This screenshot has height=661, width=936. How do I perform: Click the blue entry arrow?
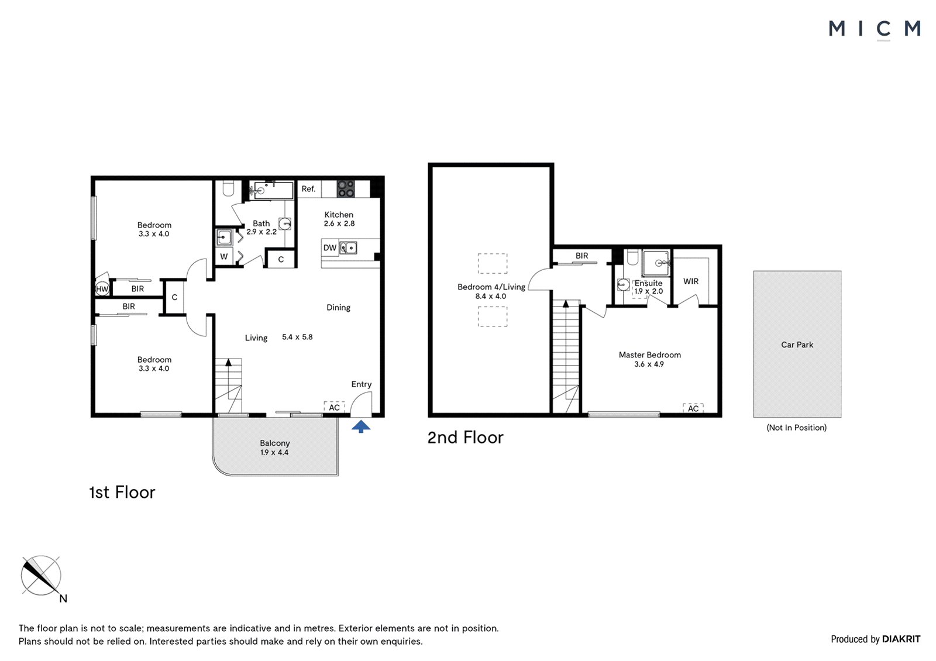click(361, 426)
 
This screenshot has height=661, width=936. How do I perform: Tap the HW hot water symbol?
click(102, 289)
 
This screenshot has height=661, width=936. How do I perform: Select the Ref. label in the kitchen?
click(308, 189)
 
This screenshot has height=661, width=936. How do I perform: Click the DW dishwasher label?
click(330, 248)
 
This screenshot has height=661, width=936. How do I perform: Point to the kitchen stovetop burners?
click(346, 189)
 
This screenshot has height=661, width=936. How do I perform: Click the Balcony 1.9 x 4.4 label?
click(274, 447)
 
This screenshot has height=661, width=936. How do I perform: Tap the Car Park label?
click(797, 345)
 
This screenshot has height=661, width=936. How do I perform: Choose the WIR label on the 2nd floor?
click(691, 281)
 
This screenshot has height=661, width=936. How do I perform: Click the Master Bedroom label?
click(650, 354)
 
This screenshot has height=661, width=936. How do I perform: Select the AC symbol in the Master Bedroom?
click(693, 408)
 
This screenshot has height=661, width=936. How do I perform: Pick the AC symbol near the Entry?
click(334, 407)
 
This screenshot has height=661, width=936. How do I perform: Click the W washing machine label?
click(224, 257)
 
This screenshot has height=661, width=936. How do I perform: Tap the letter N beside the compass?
click(63, 599)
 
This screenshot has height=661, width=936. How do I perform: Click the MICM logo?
click(875, 29)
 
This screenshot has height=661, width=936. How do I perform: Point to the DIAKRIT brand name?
click(901, 639)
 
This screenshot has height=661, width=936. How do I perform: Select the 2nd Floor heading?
click(466, 438)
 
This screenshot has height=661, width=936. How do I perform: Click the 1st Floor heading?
click(122, 492)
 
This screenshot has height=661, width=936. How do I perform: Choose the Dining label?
click(339, 308)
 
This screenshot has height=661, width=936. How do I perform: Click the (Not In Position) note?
click(796, 428)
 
